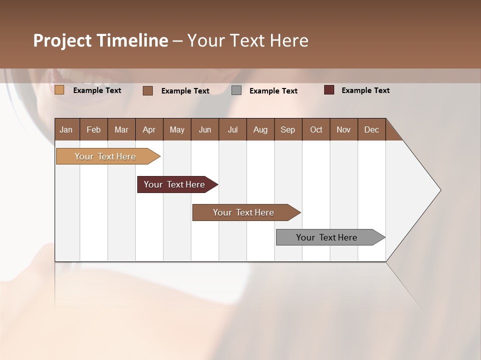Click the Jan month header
coord(66,129)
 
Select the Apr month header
coord(149,129)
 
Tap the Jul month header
coord(232,129)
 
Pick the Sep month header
coord(288,129)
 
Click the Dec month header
coord(371,129)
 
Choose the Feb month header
coord(94,129)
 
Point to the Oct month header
coord(316,129)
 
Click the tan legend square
coord(60,90)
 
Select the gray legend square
coord(236,90)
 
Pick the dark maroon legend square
coord(329,90)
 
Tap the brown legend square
coord(148,90)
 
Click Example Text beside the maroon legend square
coord(365,90)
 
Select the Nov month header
coord(344,129)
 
